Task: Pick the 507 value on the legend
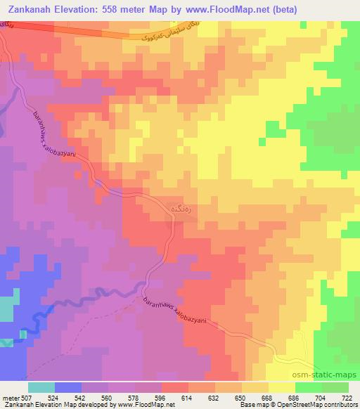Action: (25, 397)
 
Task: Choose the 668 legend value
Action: (266, 397)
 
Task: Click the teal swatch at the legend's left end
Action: (41, 387)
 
